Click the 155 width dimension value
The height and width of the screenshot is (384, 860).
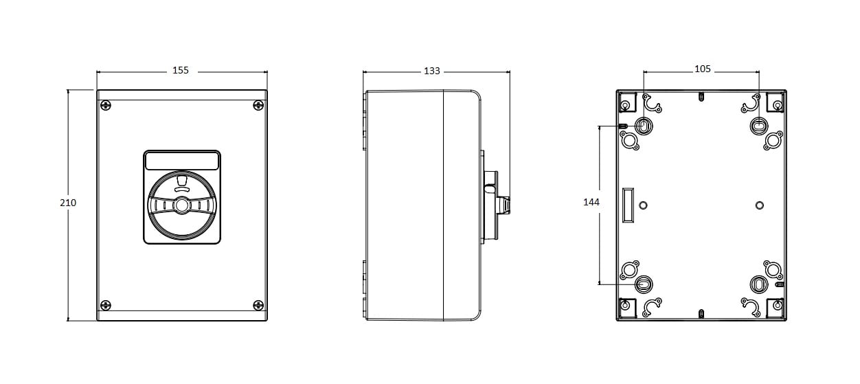click(x=181, y=70)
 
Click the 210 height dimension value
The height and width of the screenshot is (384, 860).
click(x=68, y=203)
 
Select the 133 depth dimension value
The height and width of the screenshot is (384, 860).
click(x=431, y=71)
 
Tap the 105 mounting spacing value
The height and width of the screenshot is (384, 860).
click(x=703, y=69)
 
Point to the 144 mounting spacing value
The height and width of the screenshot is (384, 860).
click(x=591, y=202)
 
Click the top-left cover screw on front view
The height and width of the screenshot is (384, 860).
click(x=106, y=105)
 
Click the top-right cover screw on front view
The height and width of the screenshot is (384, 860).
click(x=258, y=105)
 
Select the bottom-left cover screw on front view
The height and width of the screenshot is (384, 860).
click(x=106, y=305)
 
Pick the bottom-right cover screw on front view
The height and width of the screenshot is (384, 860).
click(x=258, y=305)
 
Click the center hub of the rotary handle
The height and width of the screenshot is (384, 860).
click(x=182, y=205)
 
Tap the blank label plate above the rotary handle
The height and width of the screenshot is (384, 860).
click(x=182, y=161)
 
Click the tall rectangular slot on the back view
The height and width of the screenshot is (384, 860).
click(x=628, y=205)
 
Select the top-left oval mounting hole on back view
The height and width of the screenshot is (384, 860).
click(x=644, y=125)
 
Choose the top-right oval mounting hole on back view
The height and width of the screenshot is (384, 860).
click(x=758, y=125)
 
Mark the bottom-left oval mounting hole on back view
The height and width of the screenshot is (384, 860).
click(x=644, y=284)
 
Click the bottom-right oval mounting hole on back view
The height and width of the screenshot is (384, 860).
click(x=758, y=284)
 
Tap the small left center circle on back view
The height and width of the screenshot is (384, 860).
click(x=643, y=205)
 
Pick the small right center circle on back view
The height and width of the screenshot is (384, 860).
click(x=760, y=205)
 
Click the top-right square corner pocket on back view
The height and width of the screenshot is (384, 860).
click(x=776, y=102)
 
